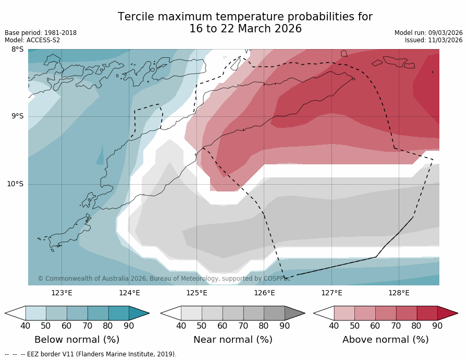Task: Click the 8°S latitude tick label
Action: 17,50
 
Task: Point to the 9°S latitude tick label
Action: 17,116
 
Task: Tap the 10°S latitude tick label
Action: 15,184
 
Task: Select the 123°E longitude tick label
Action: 62,293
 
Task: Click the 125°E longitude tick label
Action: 196,293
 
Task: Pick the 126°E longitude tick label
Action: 264,293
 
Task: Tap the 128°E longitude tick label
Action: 399,293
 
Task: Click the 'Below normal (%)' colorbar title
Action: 77,340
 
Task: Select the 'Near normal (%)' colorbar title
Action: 232,340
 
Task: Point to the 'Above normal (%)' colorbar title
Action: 385,340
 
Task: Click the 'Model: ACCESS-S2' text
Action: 32,40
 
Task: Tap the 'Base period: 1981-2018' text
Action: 41,33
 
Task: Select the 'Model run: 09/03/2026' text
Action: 428,33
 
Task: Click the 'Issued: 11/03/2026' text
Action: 434,40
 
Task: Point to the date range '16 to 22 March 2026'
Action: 245,29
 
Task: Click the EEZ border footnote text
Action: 91,354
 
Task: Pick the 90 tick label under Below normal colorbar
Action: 129,326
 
